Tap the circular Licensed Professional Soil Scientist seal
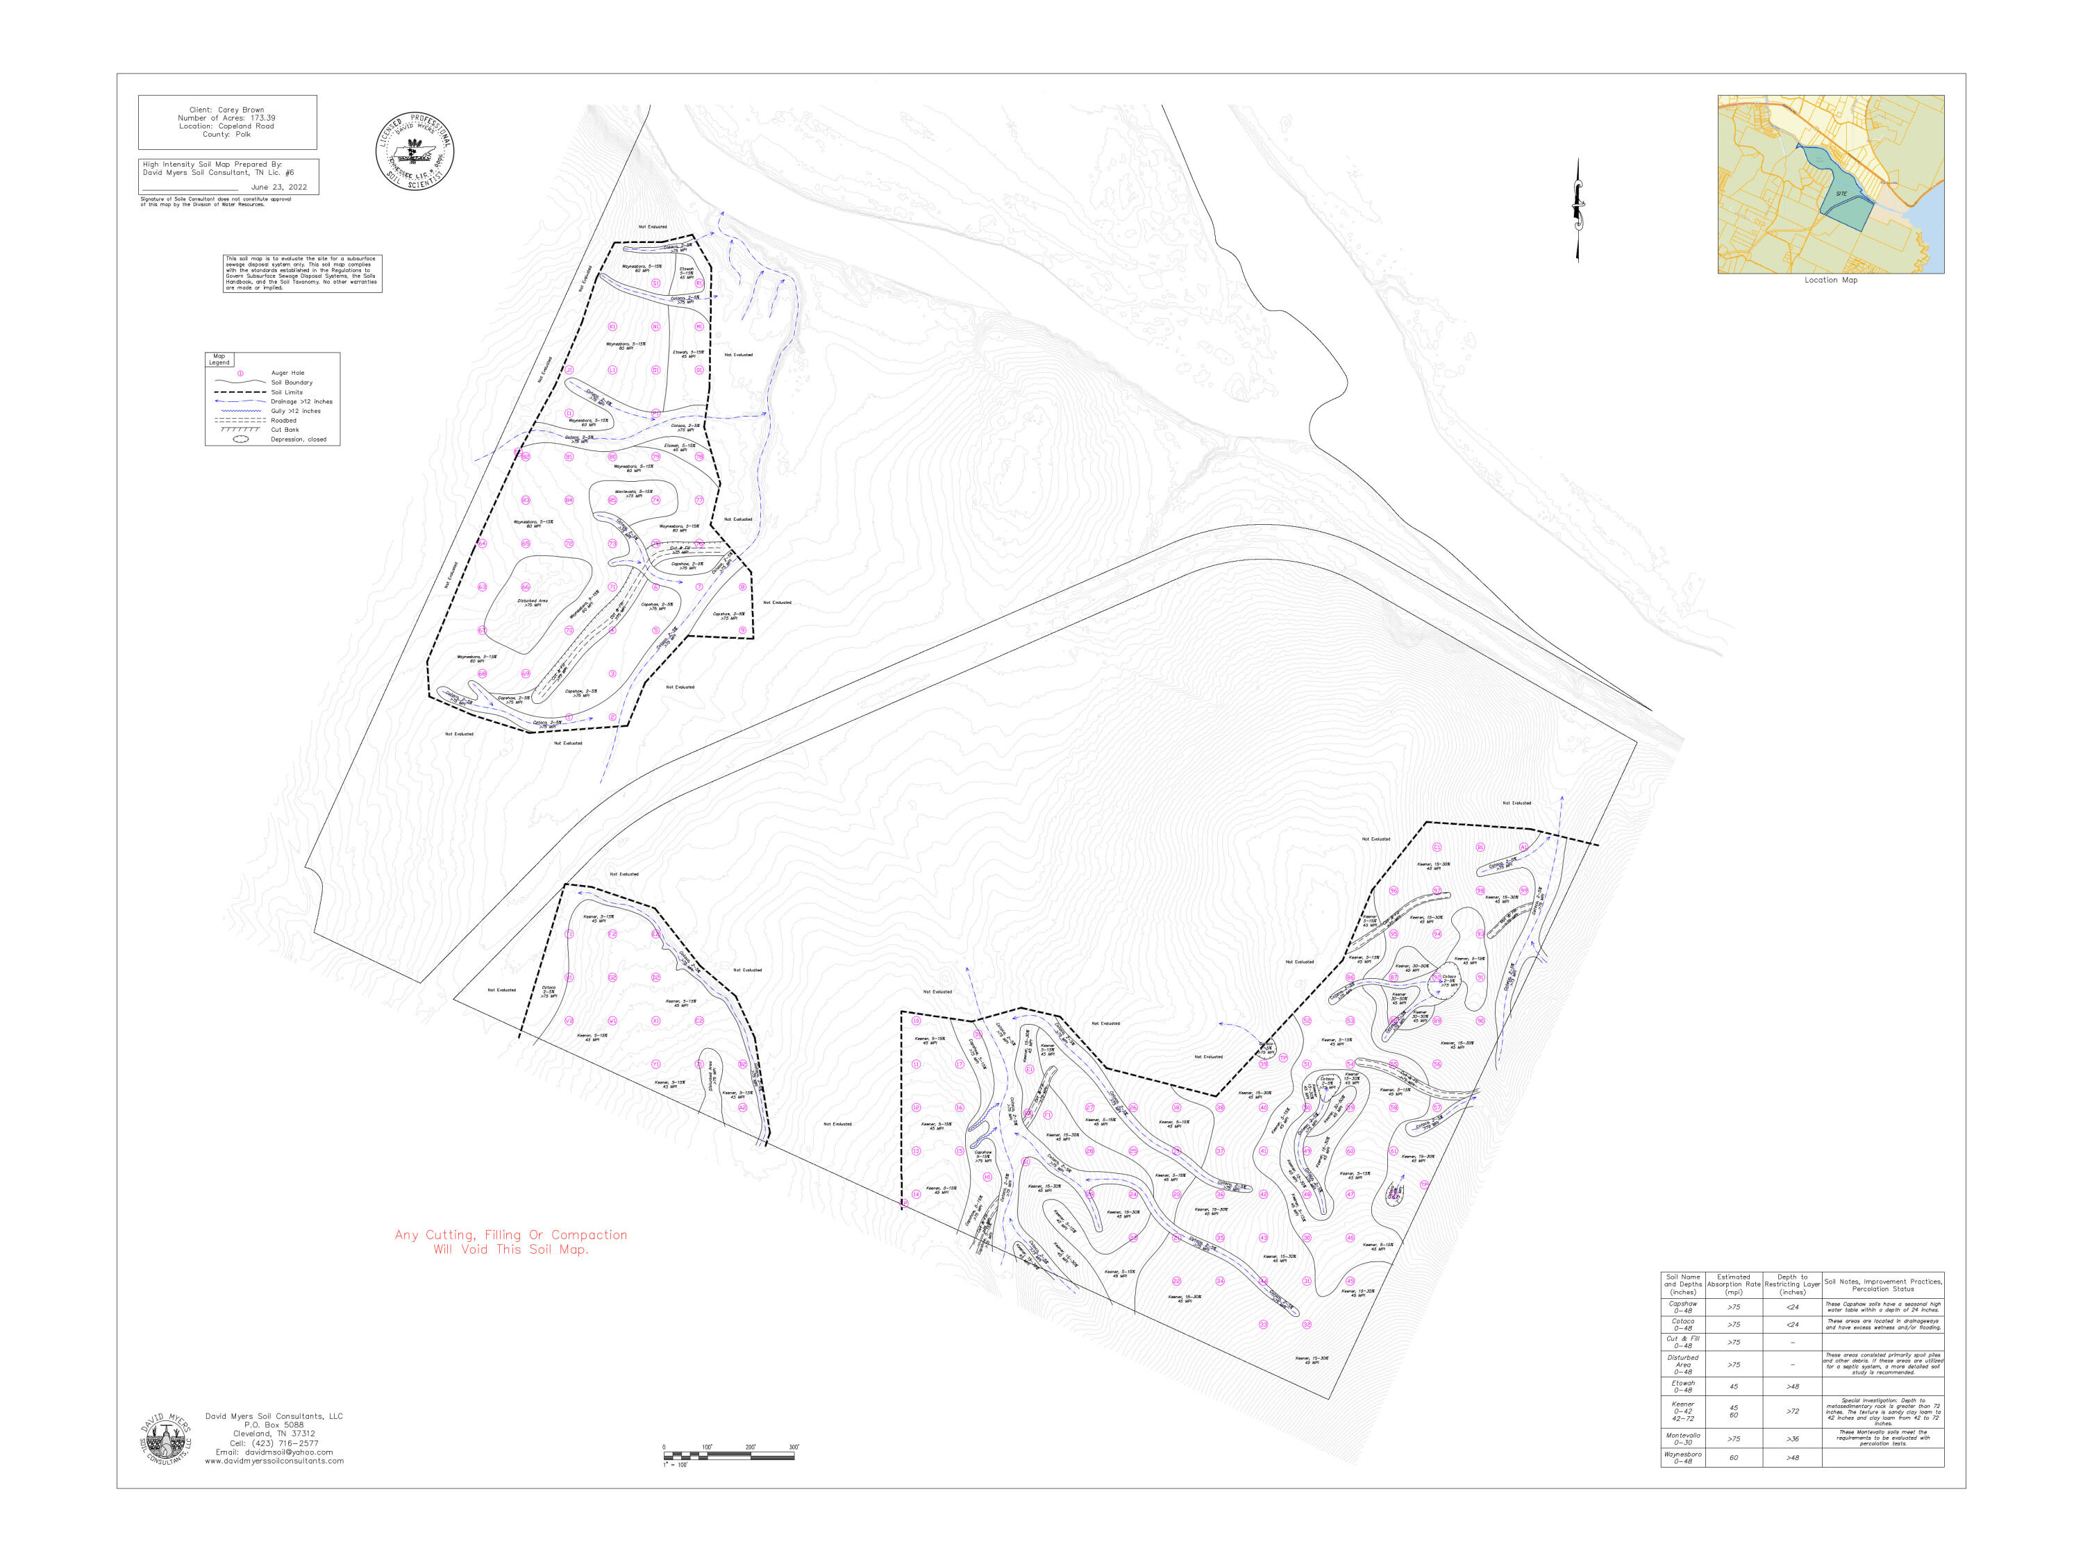(x=415, y=151)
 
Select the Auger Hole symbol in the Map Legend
(x=240, y=373)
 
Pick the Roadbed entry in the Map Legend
(x=283, y=421)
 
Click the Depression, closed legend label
(x=299, y=439)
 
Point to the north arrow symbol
(x=1578, y=209)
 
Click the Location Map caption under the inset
(x=1831, y=280)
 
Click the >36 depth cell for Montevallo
(x=1792, y=1438)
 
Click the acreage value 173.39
(x=257, y=119)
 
